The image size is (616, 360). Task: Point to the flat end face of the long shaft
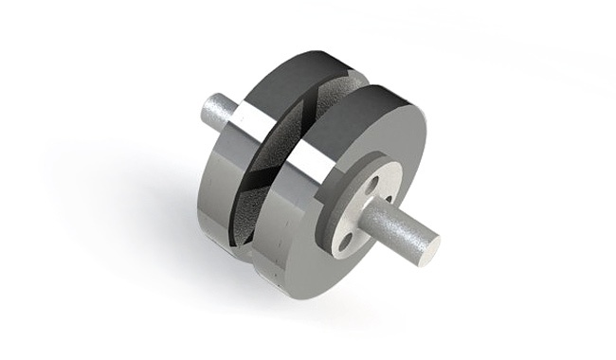coord(432,249)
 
